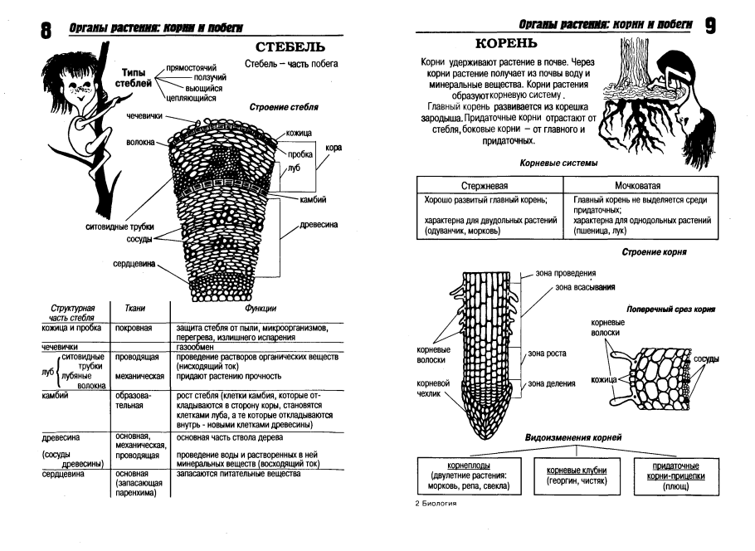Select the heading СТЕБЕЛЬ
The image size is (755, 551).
coord(289,47)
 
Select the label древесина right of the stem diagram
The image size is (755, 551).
coord(319,225)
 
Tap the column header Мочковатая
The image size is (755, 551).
coord(643,185)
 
